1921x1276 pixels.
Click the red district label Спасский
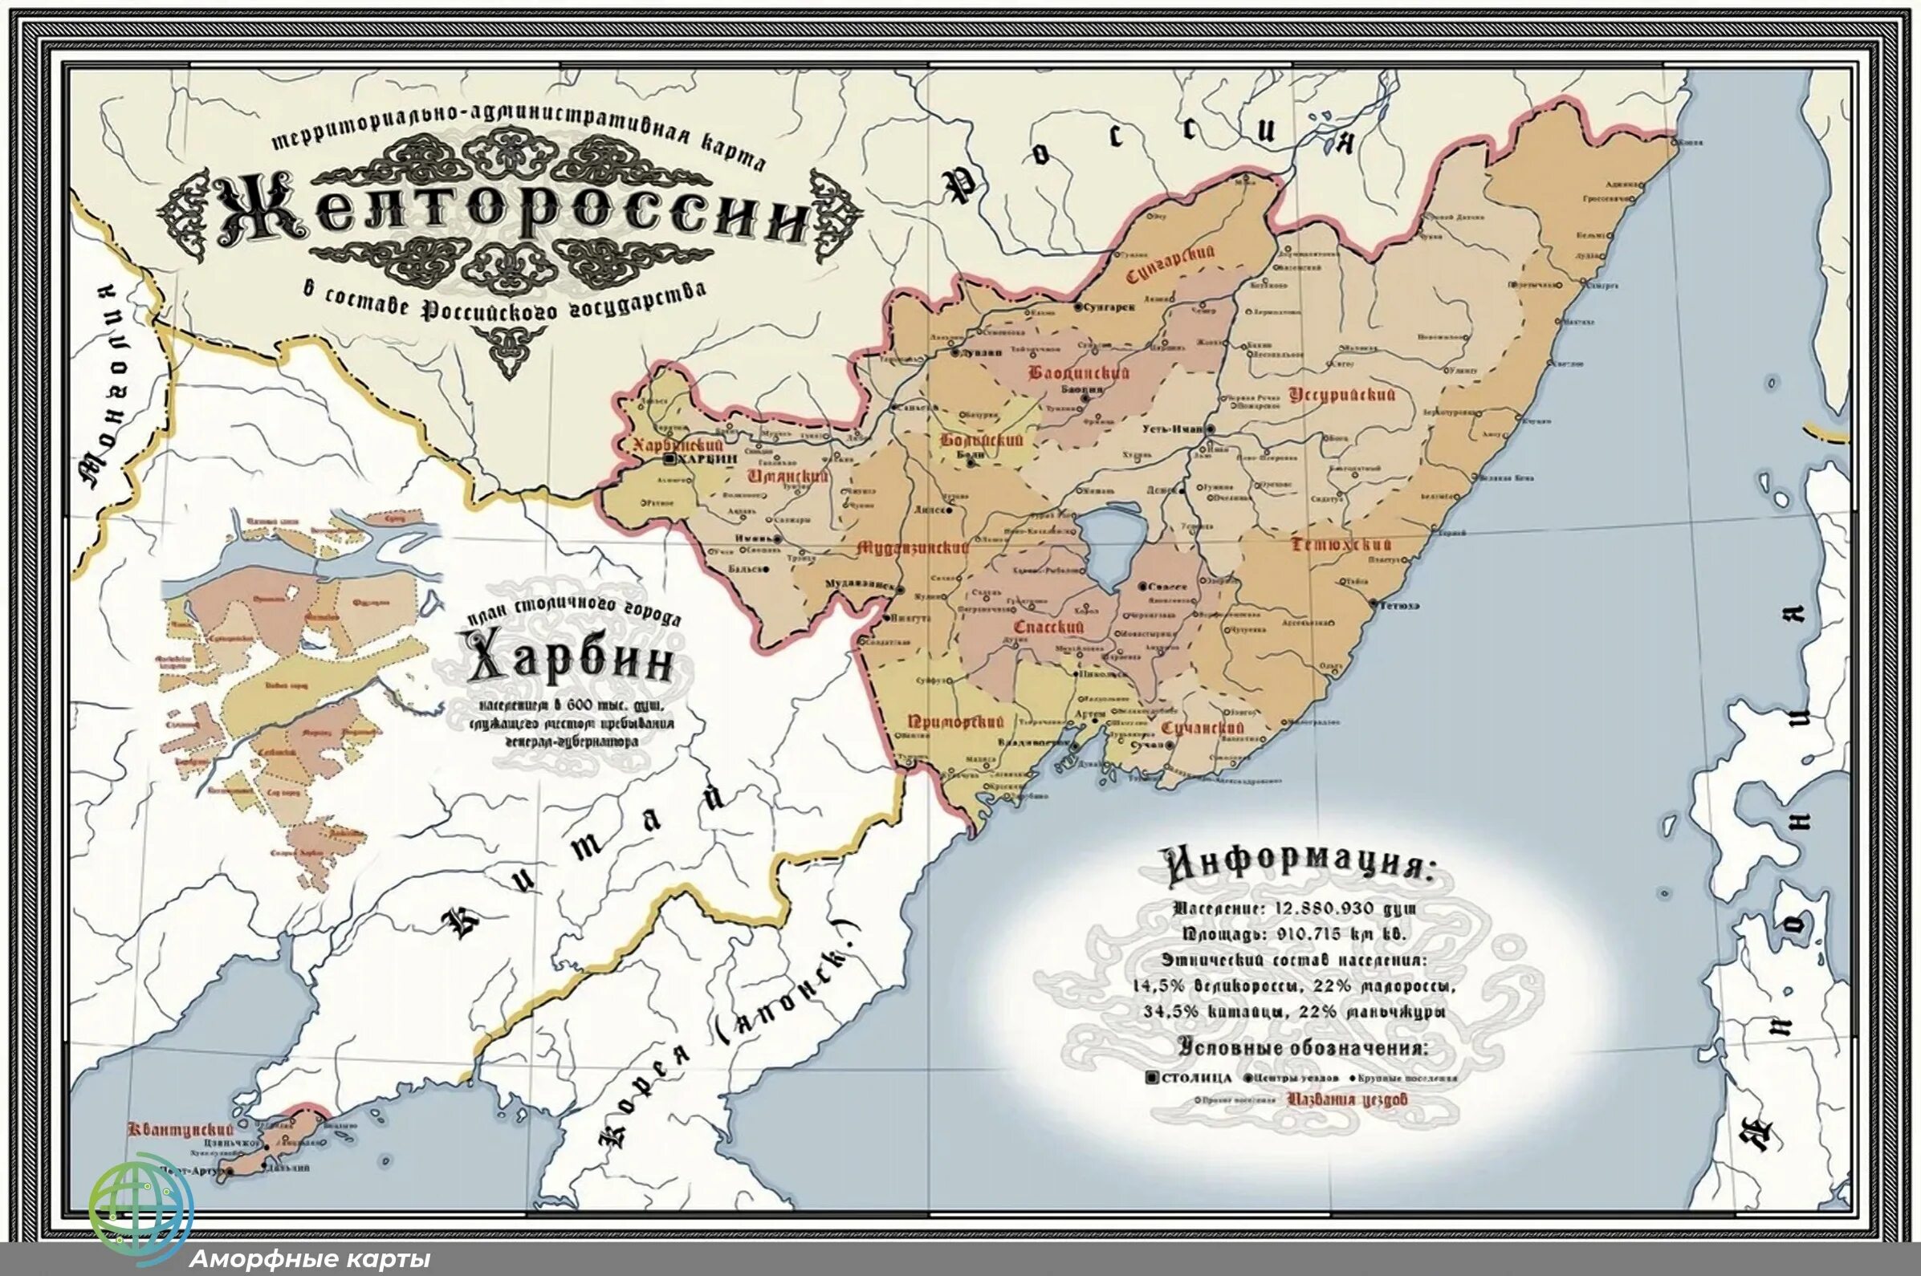click(1048, 627)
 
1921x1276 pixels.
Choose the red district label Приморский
click(955, 721)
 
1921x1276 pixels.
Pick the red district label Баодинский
click(1078, 372)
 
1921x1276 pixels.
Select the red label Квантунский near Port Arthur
click(181, 1129)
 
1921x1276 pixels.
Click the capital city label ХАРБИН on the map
click(706, 459)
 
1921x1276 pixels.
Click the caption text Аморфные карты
click(309, 1260)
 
